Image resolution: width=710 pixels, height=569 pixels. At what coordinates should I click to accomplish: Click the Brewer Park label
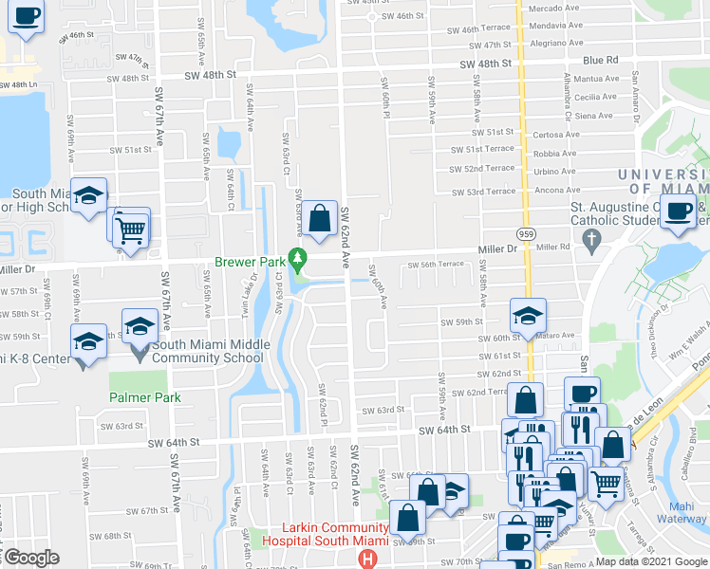pos(252,262)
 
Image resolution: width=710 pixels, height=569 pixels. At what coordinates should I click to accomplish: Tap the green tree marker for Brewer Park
pos(298,257)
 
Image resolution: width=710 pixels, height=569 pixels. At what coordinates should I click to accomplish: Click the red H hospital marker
pos(369,559)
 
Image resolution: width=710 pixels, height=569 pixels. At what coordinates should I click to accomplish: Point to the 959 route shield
pos(526,233)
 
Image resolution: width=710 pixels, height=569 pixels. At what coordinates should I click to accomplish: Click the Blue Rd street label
pos(601,60)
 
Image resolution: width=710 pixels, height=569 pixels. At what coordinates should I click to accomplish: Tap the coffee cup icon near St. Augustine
pos(678,212)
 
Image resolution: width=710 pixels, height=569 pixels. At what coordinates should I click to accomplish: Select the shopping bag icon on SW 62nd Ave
pos(321,219)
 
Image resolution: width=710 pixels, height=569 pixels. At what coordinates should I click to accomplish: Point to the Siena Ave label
pos(594,116)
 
